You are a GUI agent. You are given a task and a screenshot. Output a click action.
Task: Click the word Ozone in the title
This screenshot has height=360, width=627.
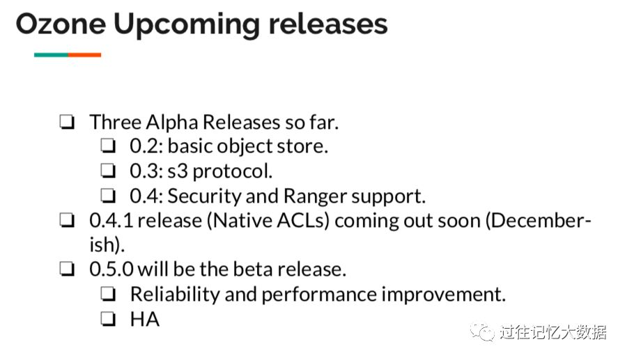click(x=61, y=24)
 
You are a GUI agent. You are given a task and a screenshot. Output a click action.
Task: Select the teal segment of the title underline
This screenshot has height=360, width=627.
click(x=51, y=55)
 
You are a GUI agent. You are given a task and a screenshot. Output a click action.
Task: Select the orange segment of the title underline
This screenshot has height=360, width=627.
click(x=84, y=55)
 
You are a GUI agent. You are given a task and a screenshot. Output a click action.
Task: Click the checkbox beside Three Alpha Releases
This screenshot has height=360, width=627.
click(x=67, y=122)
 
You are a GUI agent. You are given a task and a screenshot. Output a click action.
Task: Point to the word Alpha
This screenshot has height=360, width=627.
click(x=173, y=123)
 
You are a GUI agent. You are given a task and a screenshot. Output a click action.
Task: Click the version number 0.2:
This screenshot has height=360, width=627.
click(x=146, y=146)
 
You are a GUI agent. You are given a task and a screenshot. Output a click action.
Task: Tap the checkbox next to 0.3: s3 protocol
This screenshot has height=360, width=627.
click(x=107, y=171)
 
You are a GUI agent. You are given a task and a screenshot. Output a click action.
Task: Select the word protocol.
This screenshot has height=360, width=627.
click(x=232, y=172)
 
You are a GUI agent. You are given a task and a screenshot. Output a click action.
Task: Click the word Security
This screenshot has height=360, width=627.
click(x=204, y=197)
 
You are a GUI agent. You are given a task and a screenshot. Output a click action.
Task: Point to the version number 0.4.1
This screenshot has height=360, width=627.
click(x=111, y=221)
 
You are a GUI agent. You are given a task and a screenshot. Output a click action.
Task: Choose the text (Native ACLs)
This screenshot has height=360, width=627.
click(x=268, y=221)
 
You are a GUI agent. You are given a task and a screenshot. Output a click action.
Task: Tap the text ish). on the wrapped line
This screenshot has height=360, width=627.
click(x=107, y=245)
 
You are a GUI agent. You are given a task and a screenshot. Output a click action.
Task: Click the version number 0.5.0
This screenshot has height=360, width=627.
click(x=111, y=269)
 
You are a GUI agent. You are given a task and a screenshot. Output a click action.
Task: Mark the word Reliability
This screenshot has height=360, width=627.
click(x=175, y=295)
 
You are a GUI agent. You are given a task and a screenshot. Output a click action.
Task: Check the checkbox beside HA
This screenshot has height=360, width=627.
click(x=107, y=318)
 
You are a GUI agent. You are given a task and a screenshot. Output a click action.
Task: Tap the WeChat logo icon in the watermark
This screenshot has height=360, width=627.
click(x=482, y=332)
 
